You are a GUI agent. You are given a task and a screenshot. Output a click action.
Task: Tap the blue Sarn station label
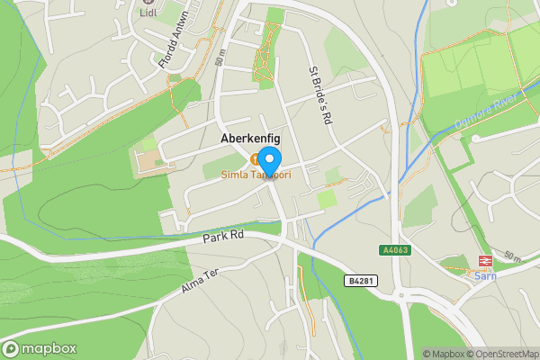point(484,275)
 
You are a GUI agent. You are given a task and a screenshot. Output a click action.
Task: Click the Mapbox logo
point(40,348)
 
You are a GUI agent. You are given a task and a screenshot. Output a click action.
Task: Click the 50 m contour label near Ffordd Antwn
point(220,59)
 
